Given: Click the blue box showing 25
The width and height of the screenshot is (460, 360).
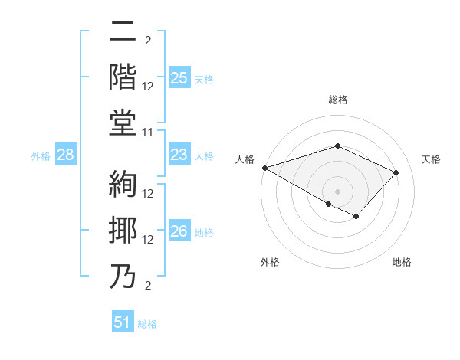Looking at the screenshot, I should click(x=179, y=77).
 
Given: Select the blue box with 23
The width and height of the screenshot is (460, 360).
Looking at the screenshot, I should click(x=179, y=155).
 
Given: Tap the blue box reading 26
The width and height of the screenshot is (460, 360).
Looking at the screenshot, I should click(x=179, y=232).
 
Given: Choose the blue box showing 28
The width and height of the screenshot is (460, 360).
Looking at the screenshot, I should click(x=66, y=155).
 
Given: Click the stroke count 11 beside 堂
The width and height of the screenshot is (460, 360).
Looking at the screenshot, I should click(x=149, y=133).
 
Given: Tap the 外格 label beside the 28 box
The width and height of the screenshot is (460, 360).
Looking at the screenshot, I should click(x=41, y=156).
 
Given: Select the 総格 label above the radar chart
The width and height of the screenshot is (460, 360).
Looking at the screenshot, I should click(x=337, y=100).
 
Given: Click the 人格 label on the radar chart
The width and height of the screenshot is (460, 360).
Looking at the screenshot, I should click(x=245, y=159).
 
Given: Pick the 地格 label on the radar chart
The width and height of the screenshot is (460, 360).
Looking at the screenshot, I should click(x=402, y=262).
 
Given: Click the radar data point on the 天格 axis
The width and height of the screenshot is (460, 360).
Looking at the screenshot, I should click(x=396, y=172).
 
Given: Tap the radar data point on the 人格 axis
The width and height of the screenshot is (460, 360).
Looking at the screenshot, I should click(x=264, y=168).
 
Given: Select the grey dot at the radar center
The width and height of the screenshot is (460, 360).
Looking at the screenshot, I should click(x=337, y=191).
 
